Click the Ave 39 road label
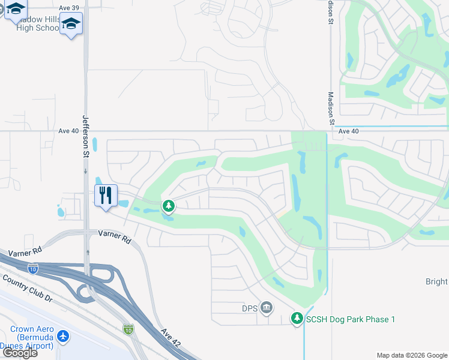coord(68,7)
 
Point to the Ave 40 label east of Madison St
coord(348,131)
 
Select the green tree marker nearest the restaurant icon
coord(169,206)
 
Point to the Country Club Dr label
coord(28,288)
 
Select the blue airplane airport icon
coord(63,337)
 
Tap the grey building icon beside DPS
coord(267,308)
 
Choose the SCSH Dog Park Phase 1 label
coord(351,319)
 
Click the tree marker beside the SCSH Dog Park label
coord(297,319)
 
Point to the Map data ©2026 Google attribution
coord(412,355)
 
